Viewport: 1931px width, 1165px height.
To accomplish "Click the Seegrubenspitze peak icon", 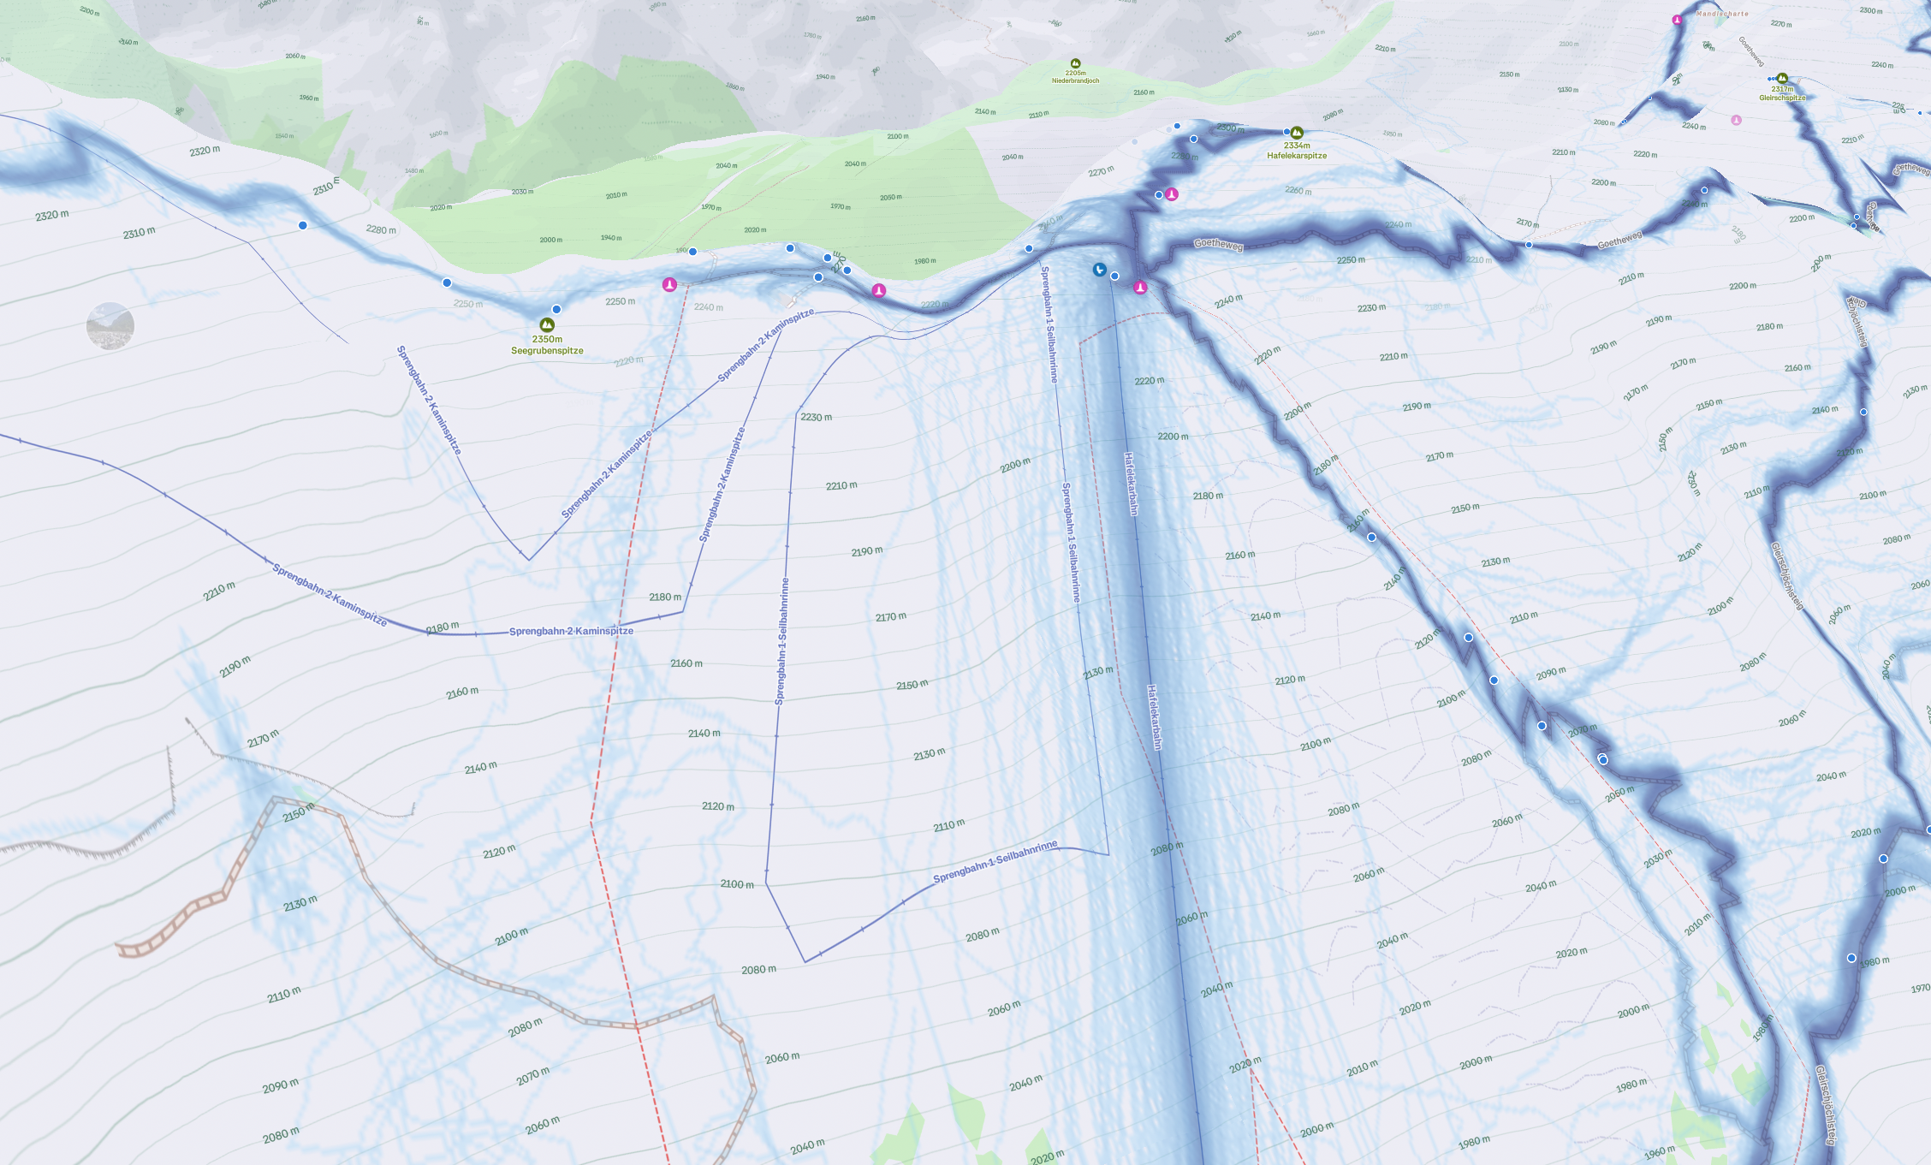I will coord(547,325).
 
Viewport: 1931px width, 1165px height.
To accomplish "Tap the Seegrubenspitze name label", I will coord(547,351).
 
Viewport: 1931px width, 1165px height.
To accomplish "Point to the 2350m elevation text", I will coord(547,339).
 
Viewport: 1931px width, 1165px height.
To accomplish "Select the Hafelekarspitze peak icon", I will coord(1297,133).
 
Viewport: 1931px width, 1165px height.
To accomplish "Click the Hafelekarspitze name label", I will coord(1297,156).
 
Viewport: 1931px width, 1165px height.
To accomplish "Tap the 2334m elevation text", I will coord(1297,146).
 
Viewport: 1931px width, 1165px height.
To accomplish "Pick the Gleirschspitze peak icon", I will coord(1782,79).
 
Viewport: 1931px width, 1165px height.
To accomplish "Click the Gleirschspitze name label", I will coord(1782,98).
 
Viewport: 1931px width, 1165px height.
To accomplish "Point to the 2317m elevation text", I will coord(1782,89).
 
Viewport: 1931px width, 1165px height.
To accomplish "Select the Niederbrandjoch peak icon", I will coord(1076,63).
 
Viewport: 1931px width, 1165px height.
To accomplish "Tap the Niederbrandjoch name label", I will coord(1075,80).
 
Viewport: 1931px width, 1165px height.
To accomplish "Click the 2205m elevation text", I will coord(1076,73).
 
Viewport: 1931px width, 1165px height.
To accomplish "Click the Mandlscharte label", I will coord(1722,14).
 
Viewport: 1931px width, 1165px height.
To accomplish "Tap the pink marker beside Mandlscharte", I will coord(1677,20).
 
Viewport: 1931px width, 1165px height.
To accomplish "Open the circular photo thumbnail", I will coord(110,326).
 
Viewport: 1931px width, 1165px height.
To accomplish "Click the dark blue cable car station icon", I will coord(1100,270).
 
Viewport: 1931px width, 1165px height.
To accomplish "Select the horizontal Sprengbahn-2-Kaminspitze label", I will coord(571,631).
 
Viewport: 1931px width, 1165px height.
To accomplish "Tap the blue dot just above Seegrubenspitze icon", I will coord(556,309).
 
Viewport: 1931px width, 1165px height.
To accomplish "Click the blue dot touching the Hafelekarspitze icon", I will coord(1286,132).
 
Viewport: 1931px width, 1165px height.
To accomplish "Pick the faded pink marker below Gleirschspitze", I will coord(1736,121).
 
